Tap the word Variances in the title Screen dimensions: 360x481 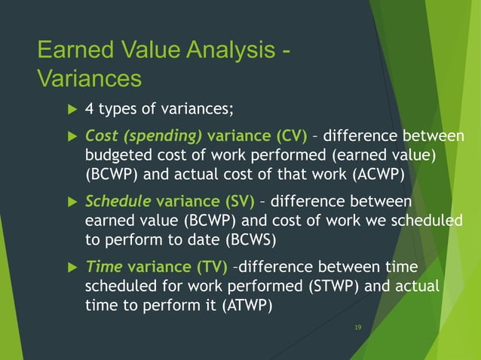(x=89, y=78)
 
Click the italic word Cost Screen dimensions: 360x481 (x=102, y=136)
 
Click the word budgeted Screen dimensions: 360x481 (x=121, y=155)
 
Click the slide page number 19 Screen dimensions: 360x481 (x=358, y=328)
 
